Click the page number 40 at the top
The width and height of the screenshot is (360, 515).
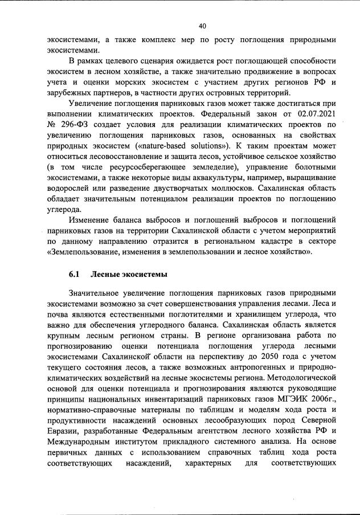[202, 26]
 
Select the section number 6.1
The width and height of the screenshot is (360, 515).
[73, 275]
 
